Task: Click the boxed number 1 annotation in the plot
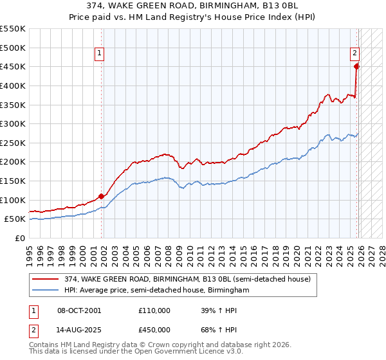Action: pyautogui.click(x=101, y=54)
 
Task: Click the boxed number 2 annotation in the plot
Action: pyautogui.click(x=354, y=54)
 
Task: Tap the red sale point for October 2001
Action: pyautogui.click(x=102, y=196)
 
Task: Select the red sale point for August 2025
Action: pyautogui.click(x=356, y=66)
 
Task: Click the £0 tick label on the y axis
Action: pyautogui.click(x=21, y=238)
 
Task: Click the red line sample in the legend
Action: pyautogui.click(x=46, y=279)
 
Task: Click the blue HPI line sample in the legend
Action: pyautogui.click(x=46, y=291)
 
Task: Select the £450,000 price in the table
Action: pyautogui.click(x=154, y=330)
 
